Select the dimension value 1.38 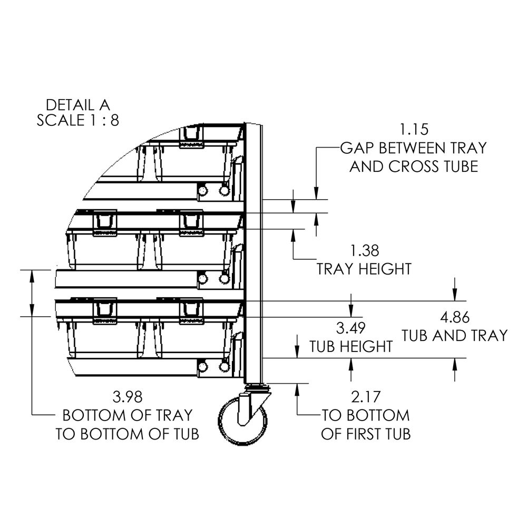pos(364,251)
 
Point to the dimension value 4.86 pos(455,317)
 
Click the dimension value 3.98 pos(128,397)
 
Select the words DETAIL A pos(79,104)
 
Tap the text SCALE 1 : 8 pos(78,120)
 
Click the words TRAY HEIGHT pos(364,269)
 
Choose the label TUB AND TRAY pos(455,335)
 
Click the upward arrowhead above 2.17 pos(298,388)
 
